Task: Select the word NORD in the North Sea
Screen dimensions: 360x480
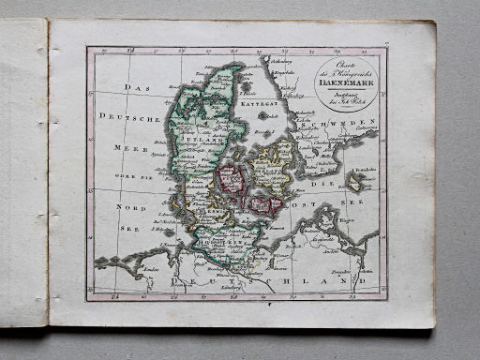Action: (126, 205)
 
